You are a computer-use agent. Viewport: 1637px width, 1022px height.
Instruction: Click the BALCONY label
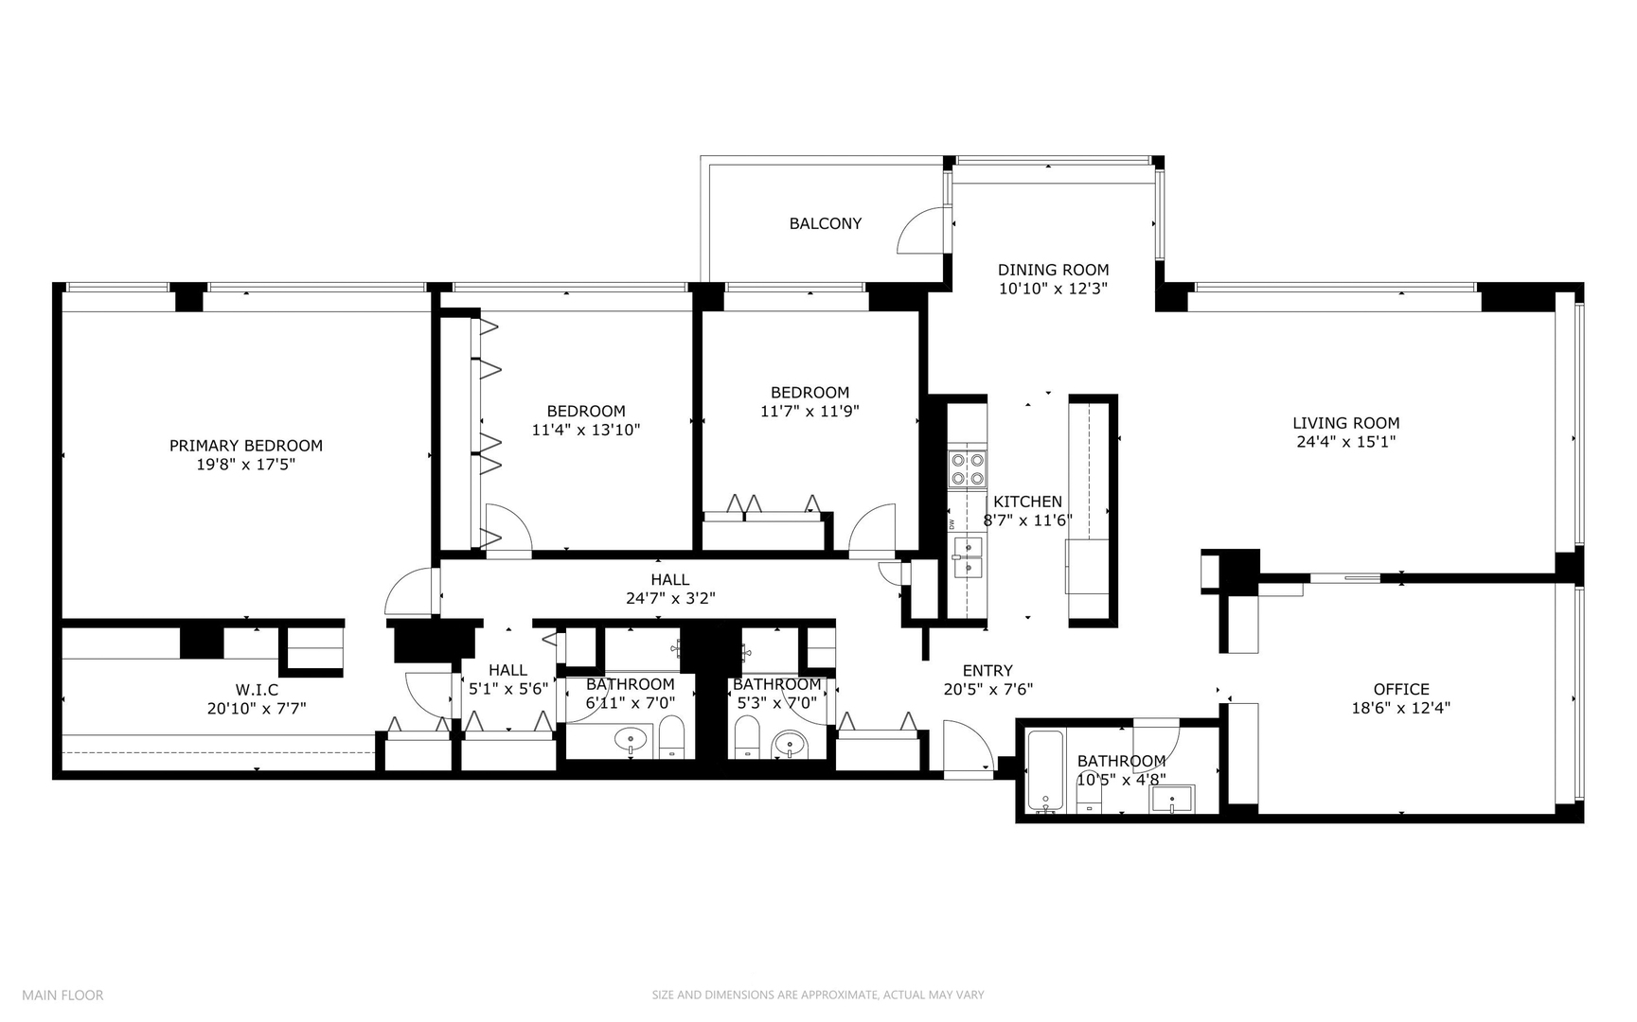[x=825, y=223]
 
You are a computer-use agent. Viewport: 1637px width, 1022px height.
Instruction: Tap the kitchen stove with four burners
[x=967, y=469]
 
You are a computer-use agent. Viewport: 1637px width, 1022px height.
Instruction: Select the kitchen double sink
[x=968, y=556]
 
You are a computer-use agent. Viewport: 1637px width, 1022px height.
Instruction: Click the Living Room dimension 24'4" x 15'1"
[x=1345, y=441]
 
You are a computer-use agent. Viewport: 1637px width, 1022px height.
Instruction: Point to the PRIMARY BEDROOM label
[x=245, y=446]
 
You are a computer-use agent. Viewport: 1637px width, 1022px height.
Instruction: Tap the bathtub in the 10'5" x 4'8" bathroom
[x=1045, y=771]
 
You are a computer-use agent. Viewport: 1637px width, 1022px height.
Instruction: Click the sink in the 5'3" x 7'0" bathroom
[x=788, y=745]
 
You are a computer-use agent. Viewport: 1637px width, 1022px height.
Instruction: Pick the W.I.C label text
[x=257, y=690]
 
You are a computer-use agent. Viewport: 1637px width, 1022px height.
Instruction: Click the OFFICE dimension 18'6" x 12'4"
[x=1400, y=707]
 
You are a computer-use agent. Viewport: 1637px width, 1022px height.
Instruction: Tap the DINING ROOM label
[x=1053, y=270]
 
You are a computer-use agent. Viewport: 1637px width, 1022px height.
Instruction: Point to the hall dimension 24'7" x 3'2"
[x=669, y=598]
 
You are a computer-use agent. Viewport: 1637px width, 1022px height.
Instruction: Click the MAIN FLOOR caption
[x=62, y=995]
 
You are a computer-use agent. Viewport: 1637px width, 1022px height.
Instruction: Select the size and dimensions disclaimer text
[x=817, y=995]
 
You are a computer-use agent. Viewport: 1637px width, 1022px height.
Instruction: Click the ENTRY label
[x=988, y=671]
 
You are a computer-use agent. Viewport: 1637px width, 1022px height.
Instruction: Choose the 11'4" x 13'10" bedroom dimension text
[x=585, y=430]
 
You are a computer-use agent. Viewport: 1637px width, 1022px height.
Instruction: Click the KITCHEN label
[x=1027, y=502]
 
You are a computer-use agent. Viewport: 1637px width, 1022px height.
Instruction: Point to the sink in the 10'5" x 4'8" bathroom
[x=1171, y=800]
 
